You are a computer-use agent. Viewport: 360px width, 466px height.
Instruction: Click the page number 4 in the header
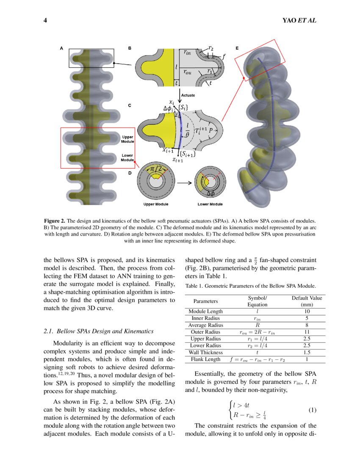coord(45,20)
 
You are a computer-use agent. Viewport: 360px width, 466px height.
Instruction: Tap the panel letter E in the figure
coord(237,48)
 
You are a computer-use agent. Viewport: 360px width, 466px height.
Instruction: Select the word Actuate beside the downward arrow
coord(188,96)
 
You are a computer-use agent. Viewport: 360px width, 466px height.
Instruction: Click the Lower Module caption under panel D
coord(210,204)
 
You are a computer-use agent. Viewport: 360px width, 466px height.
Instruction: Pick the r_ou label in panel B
coord(187,72)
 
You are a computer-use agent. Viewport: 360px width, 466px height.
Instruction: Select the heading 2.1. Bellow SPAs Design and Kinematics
coord(99,331)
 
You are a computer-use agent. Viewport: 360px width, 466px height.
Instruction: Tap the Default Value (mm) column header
coord(307,301)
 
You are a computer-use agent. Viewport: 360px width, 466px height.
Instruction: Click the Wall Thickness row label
coord(205,352)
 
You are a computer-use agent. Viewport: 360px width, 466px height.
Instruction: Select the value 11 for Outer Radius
coord(307,332)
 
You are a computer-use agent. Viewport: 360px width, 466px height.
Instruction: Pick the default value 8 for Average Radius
coord(307,325)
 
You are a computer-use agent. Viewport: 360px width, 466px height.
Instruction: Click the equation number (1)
coord(312,410)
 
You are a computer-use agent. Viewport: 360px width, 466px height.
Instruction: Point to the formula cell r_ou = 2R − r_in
coord(257,332)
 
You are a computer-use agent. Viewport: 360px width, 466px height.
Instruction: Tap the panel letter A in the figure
coord(61,48)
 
